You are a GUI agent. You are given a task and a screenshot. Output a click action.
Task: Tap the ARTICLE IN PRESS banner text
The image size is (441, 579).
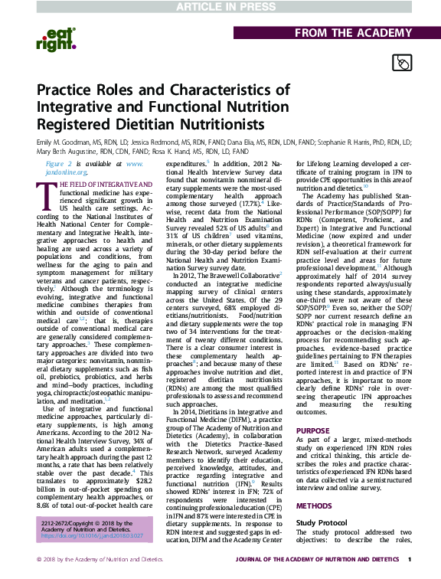220,7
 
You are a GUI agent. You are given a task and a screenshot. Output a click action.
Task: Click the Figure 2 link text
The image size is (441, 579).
60,163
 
